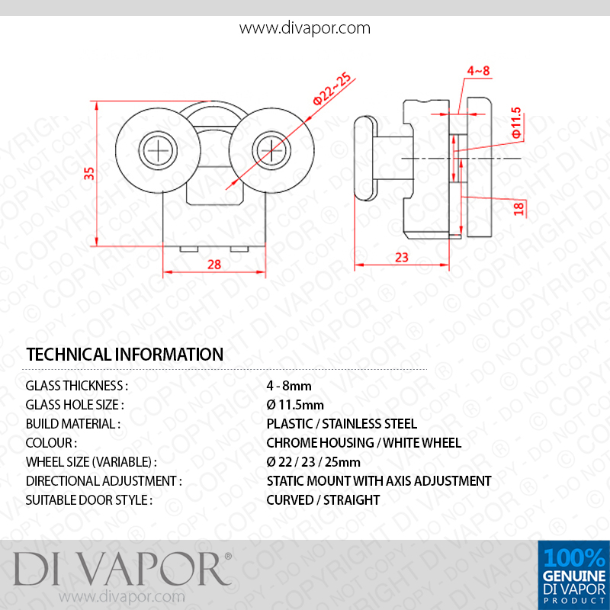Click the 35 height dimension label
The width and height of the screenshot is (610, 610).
(x=89, y=173)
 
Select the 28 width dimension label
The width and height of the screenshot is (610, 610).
(x=214, y=265)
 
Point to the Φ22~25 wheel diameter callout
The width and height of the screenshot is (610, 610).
(x=332, y=88)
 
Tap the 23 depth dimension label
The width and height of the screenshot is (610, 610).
(x=402, y=257)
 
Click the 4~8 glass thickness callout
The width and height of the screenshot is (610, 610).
(x=478, y=71)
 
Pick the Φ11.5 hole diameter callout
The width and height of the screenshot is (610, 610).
(x=516, y=123)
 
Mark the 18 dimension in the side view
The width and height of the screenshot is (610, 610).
(x=518, y=208)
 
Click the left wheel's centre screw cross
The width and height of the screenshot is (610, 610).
(x=158, y=150)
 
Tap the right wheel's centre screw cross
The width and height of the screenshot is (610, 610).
(x=271, y=150)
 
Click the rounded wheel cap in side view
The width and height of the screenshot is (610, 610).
(x=366, y=158)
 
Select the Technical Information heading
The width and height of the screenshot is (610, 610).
(x=124, y=355)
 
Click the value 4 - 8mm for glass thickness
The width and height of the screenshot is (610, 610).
(x=289, y=386)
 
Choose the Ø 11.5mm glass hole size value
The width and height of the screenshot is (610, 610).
(x=295, y=405)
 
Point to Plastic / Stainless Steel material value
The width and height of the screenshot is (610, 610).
(x=342, y=424)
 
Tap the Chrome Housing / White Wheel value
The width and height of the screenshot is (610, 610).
(x=364, y=443)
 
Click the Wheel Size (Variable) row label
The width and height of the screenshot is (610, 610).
(x=91, y=462)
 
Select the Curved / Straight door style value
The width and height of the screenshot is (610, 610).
(x=323, y=500)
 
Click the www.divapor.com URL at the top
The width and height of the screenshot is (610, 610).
(x=304, y=28)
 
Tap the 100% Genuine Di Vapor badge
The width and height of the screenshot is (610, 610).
(x=574, y=575)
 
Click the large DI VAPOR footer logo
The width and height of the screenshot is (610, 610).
(x=123, y=569)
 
